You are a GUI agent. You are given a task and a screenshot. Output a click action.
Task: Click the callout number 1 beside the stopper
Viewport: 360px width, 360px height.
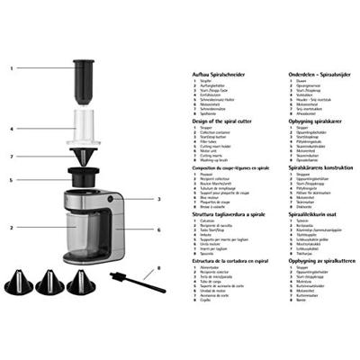[13, 67]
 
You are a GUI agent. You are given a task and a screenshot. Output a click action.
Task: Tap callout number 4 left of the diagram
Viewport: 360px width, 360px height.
[13, 129]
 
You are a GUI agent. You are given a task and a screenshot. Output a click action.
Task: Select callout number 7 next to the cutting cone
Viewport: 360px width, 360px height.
[13, 157]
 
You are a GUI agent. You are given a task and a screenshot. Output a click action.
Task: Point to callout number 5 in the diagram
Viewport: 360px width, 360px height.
[13, 180]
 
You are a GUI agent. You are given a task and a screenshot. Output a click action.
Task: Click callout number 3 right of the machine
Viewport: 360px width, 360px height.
[159, 198]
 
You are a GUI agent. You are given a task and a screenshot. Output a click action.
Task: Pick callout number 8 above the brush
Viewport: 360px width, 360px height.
[159, 266]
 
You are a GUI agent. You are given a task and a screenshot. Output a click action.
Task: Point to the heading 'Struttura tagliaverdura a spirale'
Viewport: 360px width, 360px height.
[229, 215]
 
